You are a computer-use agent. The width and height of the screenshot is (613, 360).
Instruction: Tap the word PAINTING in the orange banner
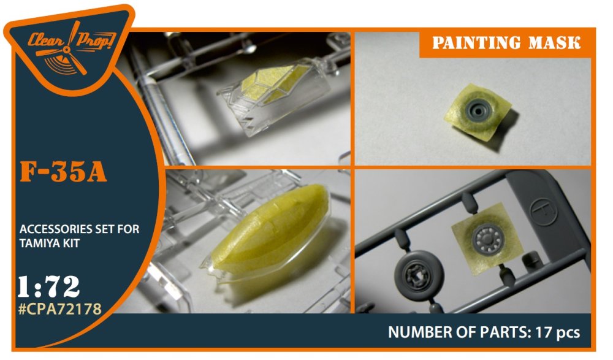(476, 43)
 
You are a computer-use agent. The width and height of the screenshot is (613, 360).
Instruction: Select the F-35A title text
(63, 172)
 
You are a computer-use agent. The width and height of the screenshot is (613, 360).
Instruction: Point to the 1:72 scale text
(49, 286)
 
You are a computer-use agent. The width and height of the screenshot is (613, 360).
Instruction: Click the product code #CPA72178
(60, 308)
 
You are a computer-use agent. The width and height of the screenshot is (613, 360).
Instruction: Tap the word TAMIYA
(39, 243)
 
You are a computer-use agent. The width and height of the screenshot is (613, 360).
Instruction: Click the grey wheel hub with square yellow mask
(487, 239)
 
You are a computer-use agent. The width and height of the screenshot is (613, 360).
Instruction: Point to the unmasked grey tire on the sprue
(419, 276)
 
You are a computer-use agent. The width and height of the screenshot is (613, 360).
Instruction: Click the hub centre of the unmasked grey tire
(418, 277)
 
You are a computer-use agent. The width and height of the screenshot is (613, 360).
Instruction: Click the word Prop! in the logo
(96, 40)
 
